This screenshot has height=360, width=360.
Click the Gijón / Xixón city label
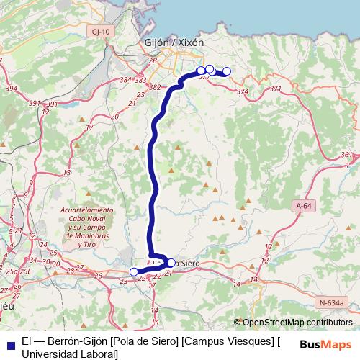[174, 42]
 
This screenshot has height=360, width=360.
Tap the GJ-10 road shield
[102, 32]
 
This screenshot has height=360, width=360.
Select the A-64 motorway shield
[305, 206]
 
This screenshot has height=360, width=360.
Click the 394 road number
[11, 89]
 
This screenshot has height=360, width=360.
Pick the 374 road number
[242, 92]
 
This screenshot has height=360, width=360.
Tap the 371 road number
[274, 89]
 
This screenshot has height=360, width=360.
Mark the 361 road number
[347, 155]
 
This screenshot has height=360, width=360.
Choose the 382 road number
[154, 87]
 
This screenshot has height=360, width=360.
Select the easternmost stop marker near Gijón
[227, 71]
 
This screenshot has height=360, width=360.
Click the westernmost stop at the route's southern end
[134, 271]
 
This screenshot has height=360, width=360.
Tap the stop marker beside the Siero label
[171, 263]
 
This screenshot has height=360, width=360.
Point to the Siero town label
[187, 264]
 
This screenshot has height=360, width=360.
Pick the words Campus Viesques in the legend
[230, 341]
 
